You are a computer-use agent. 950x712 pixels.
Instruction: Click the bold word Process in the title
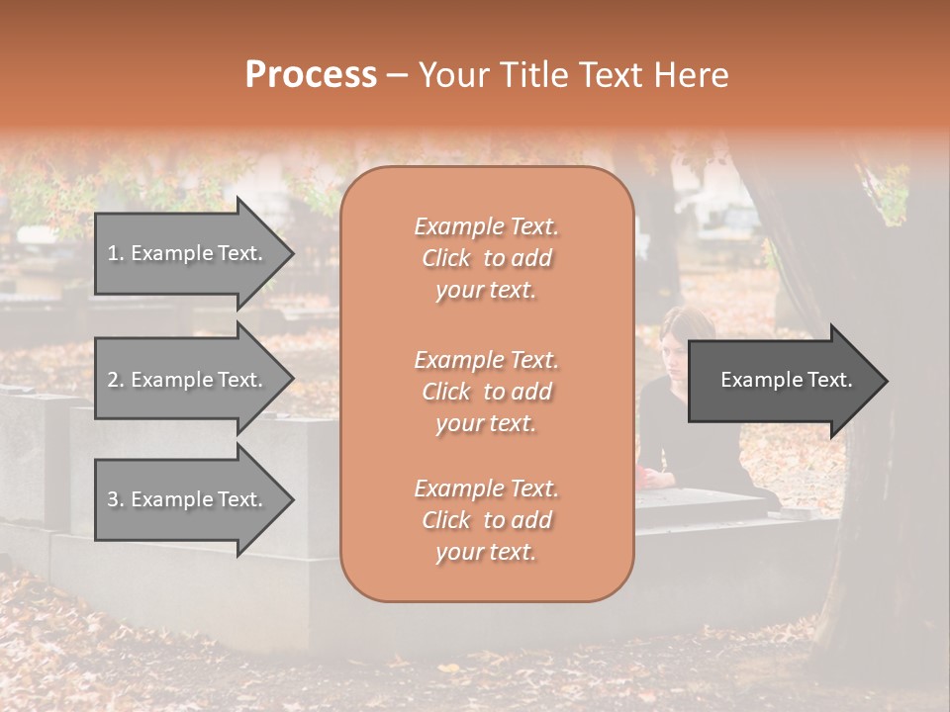(x=311, y=75)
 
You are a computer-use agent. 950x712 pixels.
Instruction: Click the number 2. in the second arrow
(x=115, y=380)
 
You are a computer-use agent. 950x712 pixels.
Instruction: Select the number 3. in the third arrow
(x=115, y=499)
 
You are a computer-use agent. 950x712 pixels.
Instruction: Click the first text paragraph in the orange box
(x=486, y=258)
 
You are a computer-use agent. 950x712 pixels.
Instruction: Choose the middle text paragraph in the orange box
(x=486, y=392)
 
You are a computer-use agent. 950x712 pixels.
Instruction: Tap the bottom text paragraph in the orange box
(x=486, y=520)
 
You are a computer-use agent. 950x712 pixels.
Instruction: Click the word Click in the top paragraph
(x=446, y=258)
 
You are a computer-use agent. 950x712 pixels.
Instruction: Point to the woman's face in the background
(x=677, y=342)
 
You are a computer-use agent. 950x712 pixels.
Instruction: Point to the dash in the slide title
(x=398, y=75)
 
